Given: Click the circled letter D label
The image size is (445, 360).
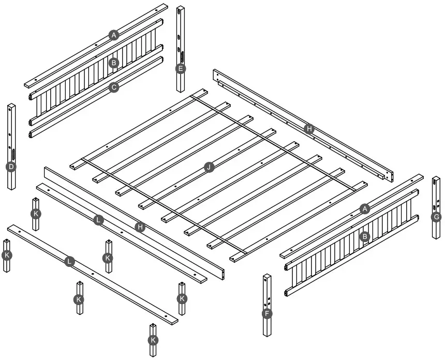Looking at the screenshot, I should point(10,167).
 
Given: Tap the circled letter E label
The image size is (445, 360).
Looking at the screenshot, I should point(180,68).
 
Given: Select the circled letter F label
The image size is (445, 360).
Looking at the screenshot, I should point(267,313).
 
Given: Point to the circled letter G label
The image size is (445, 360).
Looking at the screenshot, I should point(436,217).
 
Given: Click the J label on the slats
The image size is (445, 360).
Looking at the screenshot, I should point(209,167).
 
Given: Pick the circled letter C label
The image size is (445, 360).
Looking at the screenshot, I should point(114,87).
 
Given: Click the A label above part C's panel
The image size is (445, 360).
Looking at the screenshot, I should point(114,35).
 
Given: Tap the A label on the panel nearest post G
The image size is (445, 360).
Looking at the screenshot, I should point(365,208).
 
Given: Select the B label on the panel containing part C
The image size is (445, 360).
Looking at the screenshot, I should point(114,63).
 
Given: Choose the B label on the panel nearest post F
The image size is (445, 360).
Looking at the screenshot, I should point(365,236).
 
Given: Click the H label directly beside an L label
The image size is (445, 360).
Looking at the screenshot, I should point(139,227).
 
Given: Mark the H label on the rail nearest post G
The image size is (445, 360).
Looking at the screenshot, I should point(309,129).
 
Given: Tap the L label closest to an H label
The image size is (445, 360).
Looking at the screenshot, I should point(99,220).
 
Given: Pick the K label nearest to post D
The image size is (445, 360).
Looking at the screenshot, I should point(36,213).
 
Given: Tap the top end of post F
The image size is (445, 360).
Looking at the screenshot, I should point(267,276).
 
